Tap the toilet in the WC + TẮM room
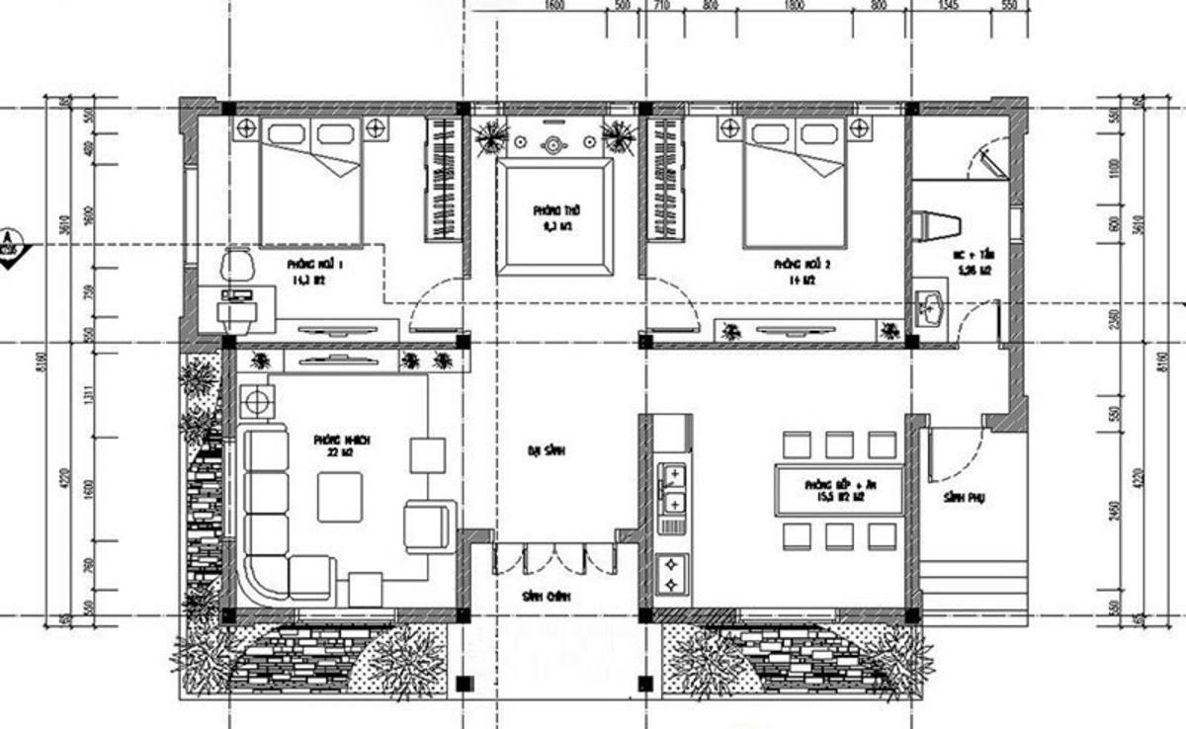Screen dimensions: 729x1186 (x=933, y=226)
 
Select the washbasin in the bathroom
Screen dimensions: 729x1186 (x=931, y=309)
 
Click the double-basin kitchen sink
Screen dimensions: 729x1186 (x=673, y=489)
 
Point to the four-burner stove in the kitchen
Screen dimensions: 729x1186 (x=673, y=574)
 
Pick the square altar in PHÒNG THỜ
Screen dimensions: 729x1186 (x=554, y=218)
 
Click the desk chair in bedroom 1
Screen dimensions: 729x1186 (x=236, y=266)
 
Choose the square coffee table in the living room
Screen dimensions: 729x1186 (x=339, y=496)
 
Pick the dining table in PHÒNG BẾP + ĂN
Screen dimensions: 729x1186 (x=840, y=489)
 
